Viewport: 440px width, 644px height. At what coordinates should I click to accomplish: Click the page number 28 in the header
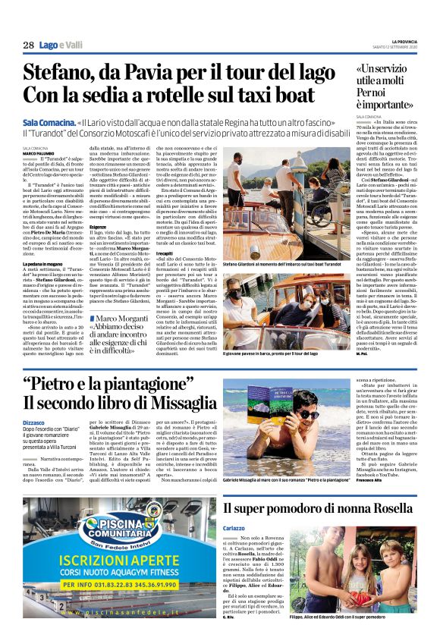point(29,46)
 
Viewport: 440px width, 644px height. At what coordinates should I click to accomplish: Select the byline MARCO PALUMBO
point(38,152)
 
